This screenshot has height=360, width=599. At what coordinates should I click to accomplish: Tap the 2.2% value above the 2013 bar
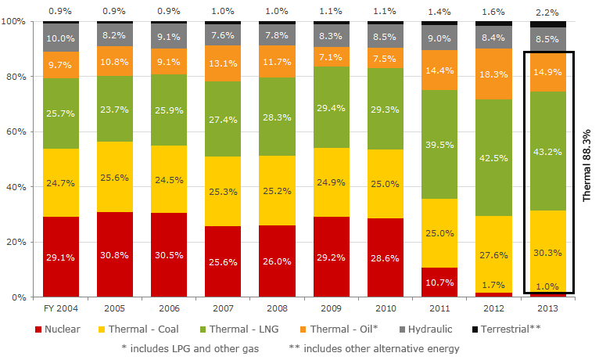point(550,12)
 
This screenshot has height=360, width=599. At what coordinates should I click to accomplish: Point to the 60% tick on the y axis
point(16,132)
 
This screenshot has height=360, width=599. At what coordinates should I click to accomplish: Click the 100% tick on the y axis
point(14,22)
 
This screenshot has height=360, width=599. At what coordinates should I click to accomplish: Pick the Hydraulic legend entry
point(436,329)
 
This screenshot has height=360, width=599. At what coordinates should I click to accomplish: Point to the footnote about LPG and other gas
point(189,348)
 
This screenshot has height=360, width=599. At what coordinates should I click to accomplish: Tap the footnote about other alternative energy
point(374,348)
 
